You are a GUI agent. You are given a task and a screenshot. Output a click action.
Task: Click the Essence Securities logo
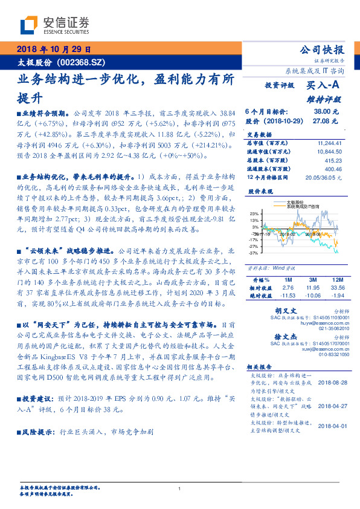tap(55, 24)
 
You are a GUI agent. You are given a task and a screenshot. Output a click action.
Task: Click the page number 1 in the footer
tap(180, 489)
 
